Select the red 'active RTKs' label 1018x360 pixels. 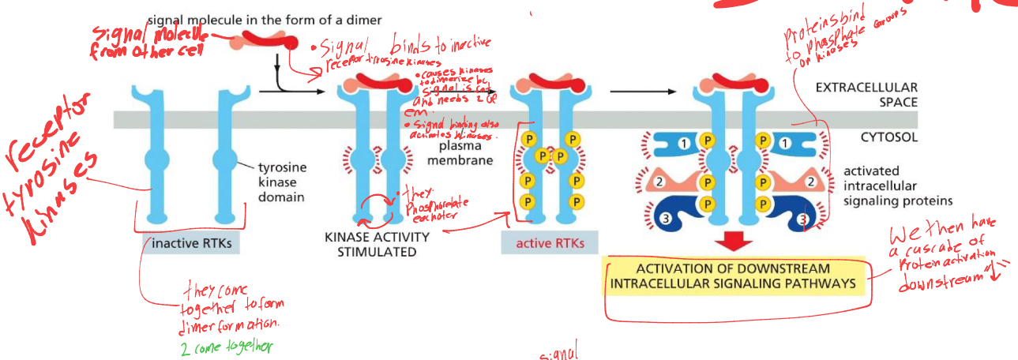550,243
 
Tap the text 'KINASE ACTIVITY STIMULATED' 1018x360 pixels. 377,244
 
